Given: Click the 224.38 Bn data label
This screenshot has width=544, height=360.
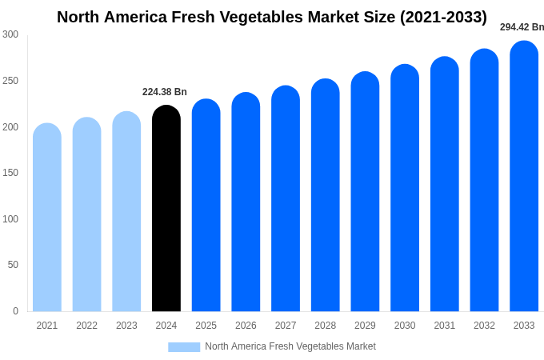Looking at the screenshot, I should coord(165,92).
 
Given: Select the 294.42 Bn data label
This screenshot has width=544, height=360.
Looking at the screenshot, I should coord(522,27).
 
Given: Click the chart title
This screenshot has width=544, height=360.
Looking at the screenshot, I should coord(272,17).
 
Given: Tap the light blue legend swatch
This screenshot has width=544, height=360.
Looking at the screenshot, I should coord(184,346).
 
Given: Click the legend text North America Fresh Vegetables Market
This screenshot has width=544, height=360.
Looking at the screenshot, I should coord(290,346).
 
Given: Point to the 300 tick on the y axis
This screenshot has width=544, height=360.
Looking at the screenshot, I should coord(10,34).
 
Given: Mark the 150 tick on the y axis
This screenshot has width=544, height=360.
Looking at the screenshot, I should coord(10,173).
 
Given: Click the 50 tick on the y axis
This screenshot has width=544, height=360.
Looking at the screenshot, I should coord(13,265).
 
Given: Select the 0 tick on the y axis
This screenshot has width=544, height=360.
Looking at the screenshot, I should coord(15,311).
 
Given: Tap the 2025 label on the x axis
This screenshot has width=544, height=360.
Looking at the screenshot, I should coord(206,326).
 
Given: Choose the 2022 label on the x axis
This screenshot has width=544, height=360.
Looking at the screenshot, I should coord(86,326).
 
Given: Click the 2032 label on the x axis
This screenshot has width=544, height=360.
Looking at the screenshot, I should coord(484,326).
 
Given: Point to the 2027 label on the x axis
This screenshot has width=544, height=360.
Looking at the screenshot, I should coord(286,326).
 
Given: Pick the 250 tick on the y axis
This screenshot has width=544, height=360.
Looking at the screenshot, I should coord(10,81).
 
